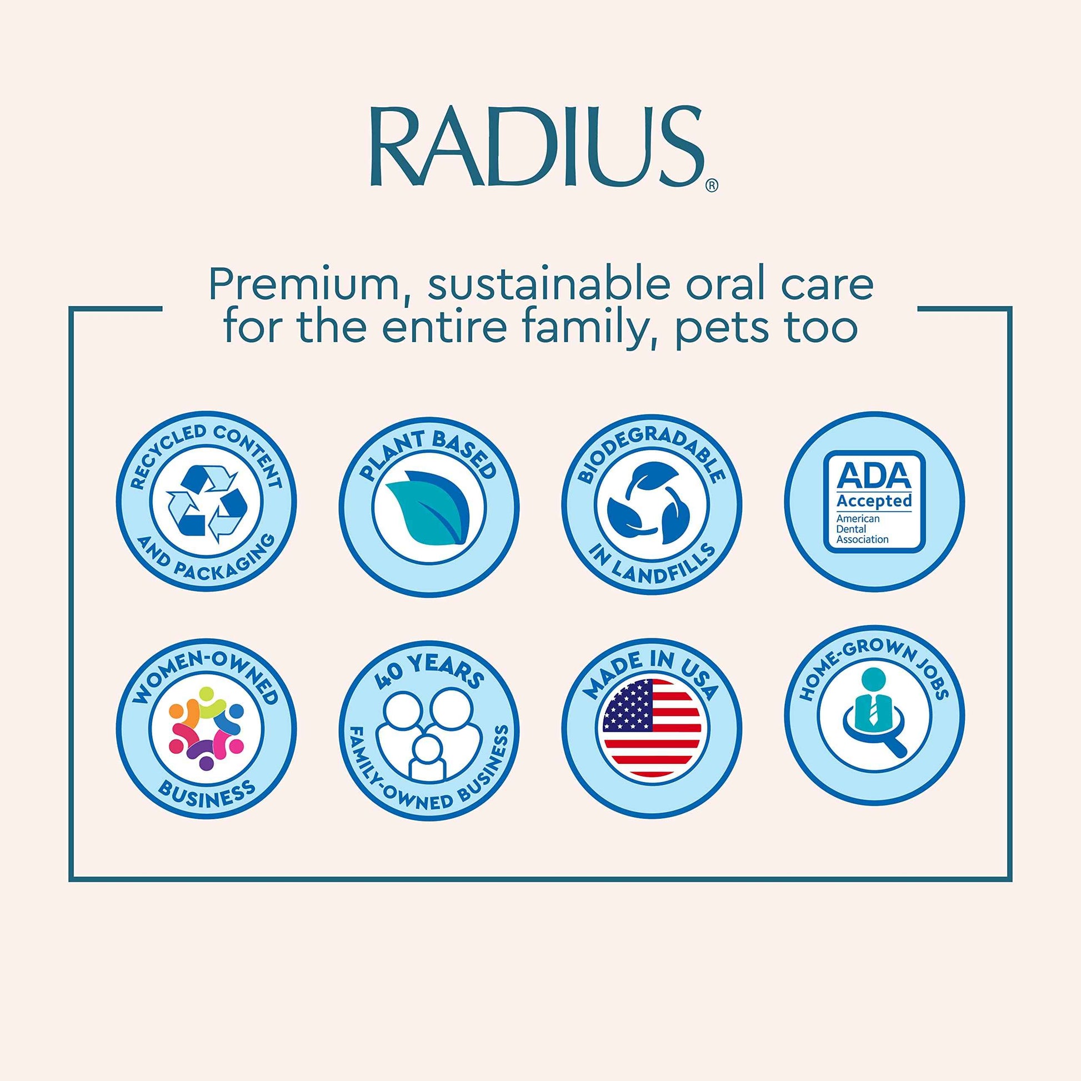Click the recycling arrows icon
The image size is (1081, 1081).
[207, 503]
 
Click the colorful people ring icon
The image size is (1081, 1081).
[207, 725]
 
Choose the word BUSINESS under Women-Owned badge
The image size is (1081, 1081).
[207, 795]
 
